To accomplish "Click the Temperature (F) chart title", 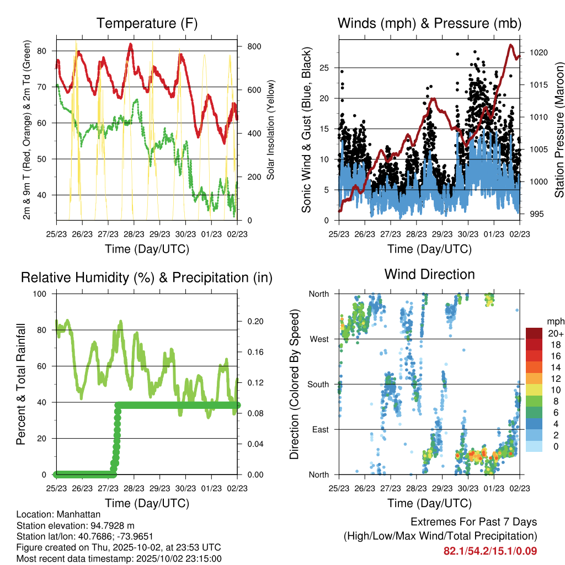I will pyautogui.click(x=147, y=24).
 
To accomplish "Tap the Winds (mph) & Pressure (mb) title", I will pyautogui.click(x=429, y=24).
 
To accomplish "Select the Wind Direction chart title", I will pyautogui.click(x=429, y=274).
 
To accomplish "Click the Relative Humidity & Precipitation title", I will pyautogui.click(x=147, y=278).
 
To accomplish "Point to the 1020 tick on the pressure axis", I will pyautogui.click(x=537, y=53).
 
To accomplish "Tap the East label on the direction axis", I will pyautogui.click(x=319, y=429).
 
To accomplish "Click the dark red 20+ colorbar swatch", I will pyautogui.click(x=534, y=333).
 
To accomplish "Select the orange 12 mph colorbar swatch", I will pyautogui.click(x=534, y=379).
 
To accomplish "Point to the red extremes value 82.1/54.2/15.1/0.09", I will pyautogui.click(x=490, y=551).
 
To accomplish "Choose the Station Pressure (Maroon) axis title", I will pyautogui.click(x=559, y=130).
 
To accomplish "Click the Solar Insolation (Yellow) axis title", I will pyautogui.click(x=271, y=130).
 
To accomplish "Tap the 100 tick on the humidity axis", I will pyautogui.click(x=44, y=294).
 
